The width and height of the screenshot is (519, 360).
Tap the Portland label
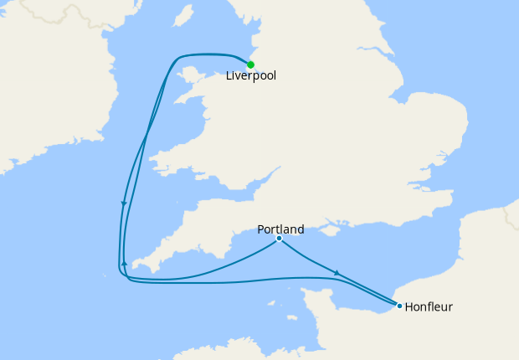pos(280,229)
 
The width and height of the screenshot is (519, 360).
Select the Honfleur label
pos(428,306)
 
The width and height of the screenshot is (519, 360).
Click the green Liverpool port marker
pos(250,64)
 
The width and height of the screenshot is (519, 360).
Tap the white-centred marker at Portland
pos(279,239)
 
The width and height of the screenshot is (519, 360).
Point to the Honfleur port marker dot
pos(399,306)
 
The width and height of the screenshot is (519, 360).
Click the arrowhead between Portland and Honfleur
pos(337,273)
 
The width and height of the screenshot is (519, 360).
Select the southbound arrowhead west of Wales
pos(124,203)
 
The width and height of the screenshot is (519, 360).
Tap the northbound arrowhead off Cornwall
pos(124,264)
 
